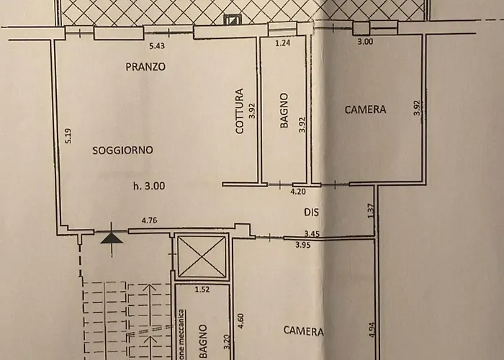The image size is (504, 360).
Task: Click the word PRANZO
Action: (145, 67)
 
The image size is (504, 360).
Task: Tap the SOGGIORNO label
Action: (122, 150)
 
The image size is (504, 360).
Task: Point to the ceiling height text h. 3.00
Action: (149, 185)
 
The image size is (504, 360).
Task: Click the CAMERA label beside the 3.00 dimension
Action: (365, 110)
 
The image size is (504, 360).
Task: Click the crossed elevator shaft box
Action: (202, 257)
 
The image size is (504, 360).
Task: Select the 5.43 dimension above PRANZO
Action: (157, 46)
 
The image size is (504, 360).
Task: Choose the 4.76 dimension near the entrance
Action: (150, 221)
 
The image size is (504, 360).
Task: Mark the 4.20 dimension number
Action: (298, 192)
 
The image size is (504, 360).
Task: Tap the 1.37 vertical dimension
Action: (370, 210)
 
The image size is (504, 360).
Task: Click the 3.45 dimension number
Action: (312, 234)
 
